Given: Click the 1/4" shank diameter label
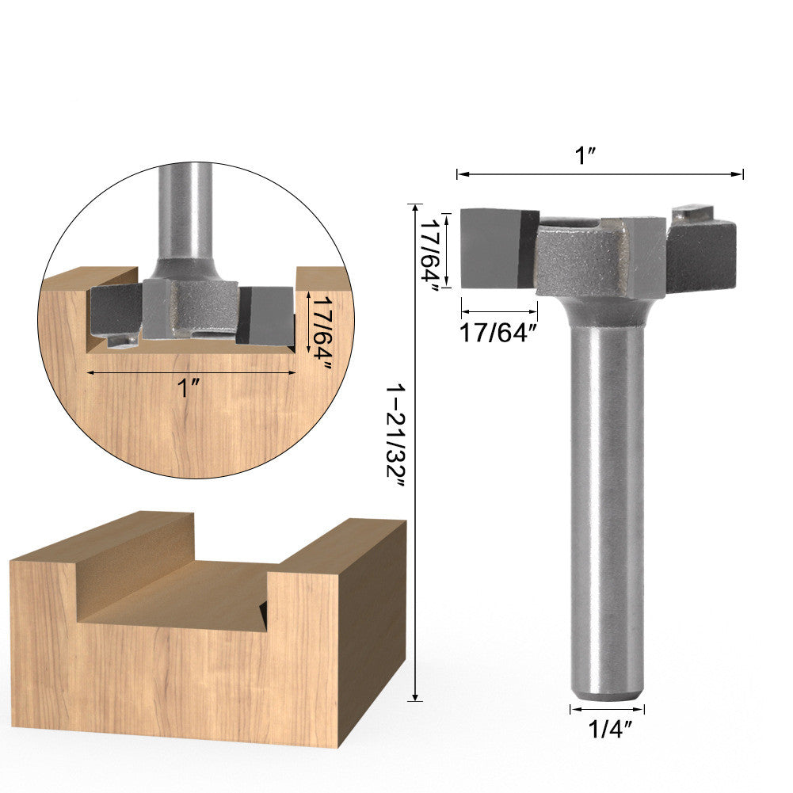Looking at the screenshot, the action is [609, 730].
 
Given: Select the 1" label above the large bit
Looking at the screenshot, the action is [586, 155].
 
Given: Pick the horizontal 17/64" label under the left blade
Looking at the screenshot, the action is [498, 334].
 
